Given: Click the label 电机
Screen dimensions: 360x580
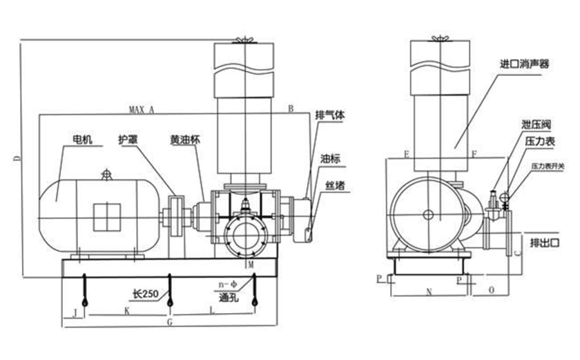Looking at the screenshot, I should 81,139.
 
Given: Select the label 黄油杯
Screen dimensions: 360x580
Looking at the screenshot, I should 185,139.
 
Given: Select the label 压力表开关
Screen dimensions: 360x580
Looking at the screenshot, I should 548,167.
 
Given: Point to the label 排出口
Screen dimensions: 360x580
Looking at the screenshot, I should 543,243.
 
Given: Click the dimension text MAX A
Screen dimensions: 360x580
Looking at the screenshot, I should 142,110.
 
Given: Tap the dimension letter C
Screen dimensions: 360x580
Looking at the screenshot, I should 517,254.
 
